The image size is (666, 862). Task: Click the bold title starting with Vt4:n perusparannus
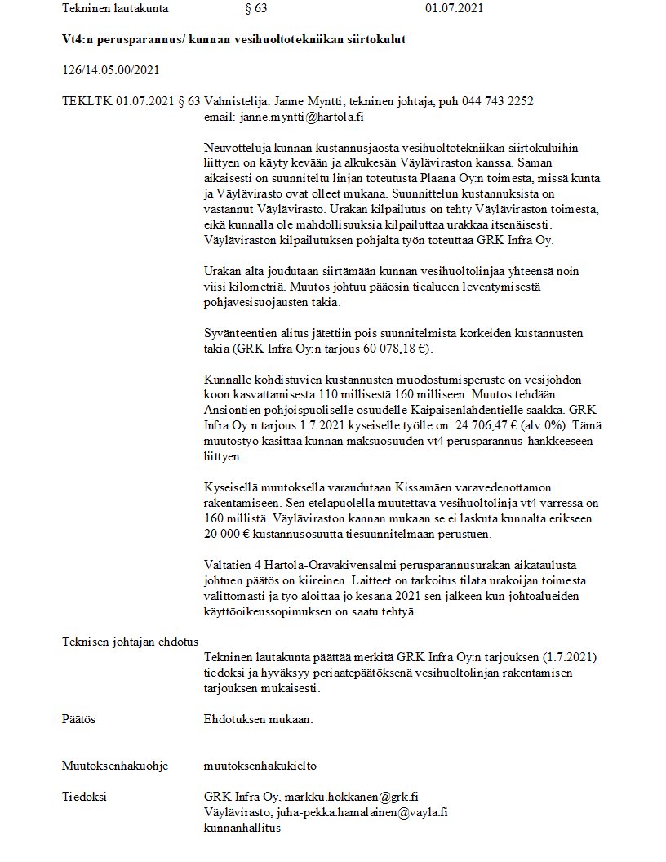pos(233,39)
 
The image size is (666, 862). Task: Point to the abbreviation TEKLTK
pos(87,101)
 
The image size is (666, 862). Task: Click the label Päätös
pos(79,720)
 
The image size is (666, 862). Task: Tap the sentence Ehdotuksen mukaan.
pos(259,720)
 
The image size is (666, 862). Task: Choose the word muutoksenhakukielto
pos(260,766)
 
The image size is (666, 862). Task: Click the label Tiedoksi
pos(84,797)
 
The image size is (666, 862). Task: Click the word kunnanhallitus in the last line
pos(242,828)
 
